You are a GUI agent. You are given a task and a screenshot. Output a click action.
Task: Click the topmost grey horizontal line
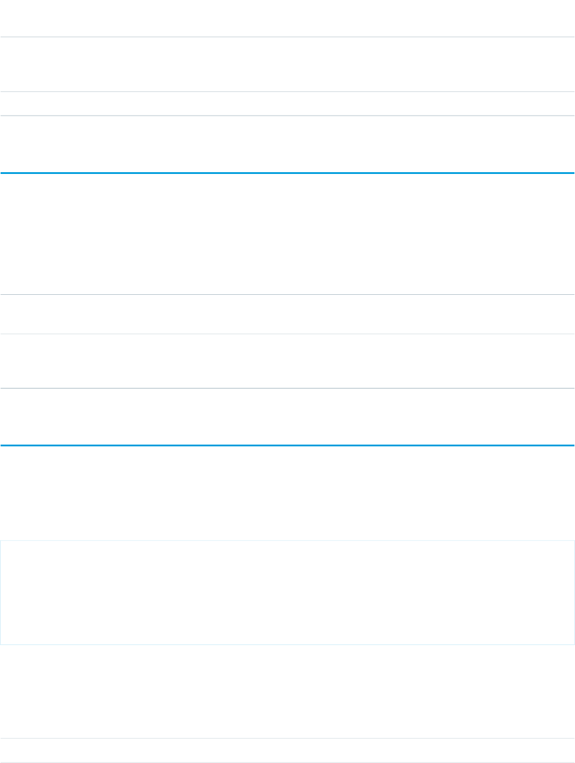coord(287,38)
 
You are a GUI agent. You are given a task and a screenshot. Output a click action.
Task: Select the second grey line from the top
coord(287,91)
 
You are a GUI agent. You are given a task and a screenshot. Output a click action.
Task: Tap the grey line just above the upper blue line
coord(287,116)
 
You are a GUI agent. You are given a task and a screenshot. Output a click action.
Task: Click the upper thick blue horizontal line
coord(287,173)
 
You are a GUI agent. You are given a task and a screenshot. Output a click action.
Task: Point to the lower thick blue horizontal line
coord(287,445)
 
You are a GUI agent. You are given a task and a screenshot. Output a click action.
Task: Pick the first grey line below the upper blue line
coord(287,295)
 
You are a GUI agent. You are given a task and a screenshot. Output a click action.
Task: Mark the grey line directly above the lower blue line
coord(287,388)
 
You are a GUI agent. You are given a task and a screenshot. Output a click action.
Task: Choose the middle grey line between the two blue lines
coord(287,334)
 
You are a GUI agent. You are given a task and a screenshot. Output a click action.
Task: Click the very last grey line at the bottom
coord(287,762)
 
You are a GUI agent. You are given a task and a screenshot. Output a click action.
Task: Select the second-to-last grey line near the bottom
coord(287,739)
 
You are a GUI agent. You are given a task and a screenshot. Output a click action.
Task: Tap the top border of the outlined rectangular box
coord(287,540)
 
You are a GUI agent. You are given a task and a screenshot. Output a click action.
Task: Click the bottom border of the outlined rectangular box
coord(287,644)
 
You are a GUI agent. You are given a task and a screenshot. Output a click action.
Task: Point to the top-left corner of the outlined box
coord(1,540)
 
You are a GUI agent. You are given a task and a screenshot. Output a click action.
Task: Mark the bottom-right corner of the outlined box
coord(574,644)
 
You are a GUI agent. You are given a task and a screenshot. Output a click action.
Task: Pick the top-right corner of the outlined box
coord(574,540)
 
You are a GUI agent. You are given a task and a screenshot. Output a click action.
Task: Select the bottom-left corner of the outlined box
coord(1,644)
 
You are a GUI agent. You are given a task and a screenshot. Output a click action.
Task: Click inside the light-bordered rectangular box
coord(287,592)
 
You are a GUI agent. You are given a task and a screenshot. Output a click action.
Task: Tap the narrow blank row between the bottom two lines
coord(287,751)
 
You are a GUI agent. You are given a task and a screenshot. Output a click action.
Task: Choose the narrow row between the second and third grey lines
coord(287,104)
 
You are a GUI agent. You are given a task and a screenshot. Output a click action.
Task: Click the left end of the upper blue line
coord(2,173)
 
